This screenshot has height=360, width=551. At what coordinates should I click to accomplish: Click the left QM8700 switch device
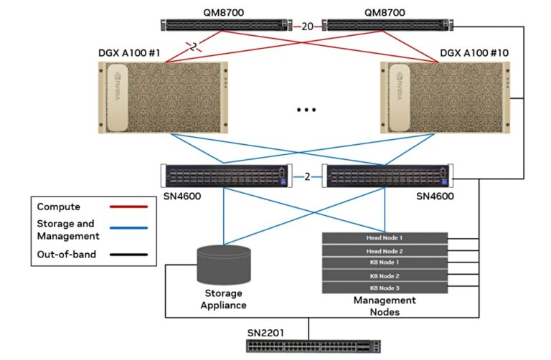pyautogui.click(x=225, y=26)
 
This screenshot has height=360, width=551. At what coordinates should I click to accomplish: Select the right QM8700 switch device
pyautogui.click(x=385, y=26)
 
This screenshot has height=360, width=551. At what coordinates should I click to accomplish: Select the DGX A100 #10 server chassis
pyautogui.click(x=446, y=98)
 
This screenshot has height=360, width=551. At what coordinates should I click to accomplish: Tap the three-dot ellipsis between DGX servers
pyautogui.click(x=306, y=110)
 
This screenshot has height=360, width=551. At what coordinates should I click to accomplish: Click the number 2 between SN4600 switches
pyautogui.click(x=306, y=176)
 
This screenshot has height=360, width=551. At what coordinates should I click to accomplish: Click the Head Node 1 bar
pyautogui.click(x=385, y=238)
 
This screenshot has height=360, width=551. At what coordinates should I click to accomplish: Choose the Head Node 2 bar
pyautogui.click(x=385, y=251)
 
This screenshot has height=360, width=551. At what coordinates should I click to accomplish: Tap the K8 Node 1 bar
pyautogui.click(x=385, y=263)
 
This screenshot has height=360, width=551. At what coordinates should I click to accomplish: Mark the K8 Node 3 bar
pyautogui.click(x=385, y=288)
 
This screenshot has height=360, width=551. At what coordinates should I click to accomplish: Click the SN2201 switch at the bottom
pyautogui.click(x=309, y=346)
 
